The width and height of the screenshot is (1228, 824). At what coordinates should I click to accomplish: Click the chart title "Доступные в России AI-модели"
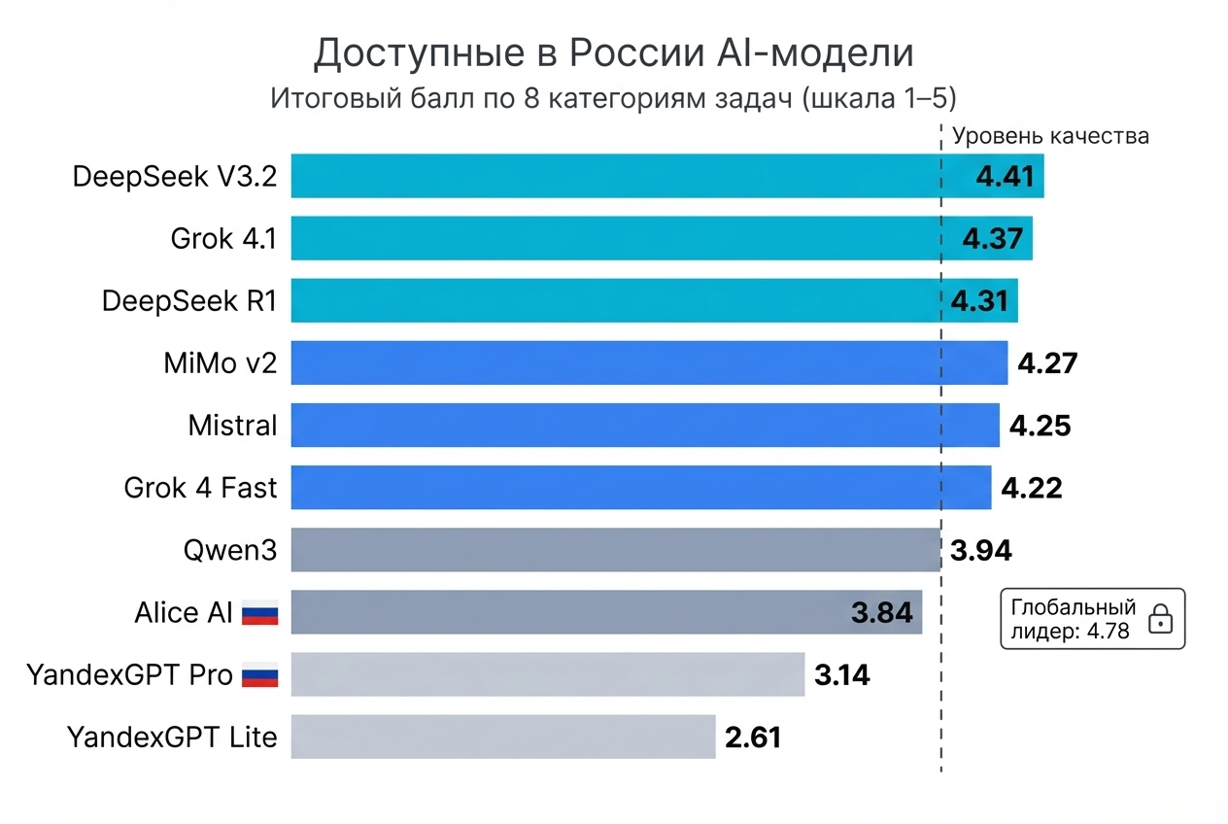click(x=613, y=54)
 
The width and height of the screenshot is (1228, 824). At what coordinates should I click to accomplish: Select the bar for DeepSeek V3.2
click(x=622, y=176)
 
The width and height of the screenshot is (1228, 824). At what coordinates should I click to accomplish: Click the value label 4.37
click(x=992, y=238)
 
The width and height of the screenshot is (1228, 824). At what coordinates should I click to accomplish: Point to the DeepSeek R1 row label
click(x=189, y=301)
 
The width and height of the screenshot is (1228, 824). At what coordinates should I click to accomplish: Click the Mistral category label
click(x=232, y=426)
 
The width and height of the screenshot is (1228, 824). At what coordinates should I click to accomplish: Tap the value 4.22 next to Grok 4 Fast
click(x=1031, y=488)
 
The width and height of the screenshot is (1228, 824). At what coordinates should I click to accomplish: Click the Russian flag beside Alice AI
click(x=259, y=613)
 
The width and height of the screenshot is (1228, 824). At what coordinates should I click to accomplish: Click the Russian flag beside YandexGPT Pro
click(x=259, y=675)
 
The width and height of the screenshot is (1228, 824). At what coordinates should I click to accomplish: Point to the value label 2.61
click(x=753, y=738)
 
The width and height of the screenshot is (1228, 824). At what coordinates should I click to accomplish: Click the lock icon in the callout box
click(x=1160, y=619)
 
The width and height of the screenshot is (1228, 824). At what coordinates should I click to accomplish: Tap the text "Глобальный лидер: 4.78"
click(x=1073, y=619)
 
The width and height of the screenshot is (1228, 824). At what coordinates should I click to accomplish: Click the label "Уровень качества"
click(x=1050, y=136)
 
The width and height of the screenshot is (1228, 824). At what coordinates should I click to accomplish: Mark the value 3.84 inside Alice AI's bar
click(x=881, y=613)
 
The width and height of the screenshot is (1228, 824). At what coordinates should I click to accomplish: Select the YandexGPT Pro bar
click(x=547, y=674)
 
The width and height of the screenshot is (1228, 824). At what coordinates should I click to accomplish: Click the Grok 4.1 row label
click(x=223, y=239)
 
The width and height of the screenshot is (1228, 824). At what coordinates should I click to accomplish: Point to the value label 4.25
click(x=1040, y=426)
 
